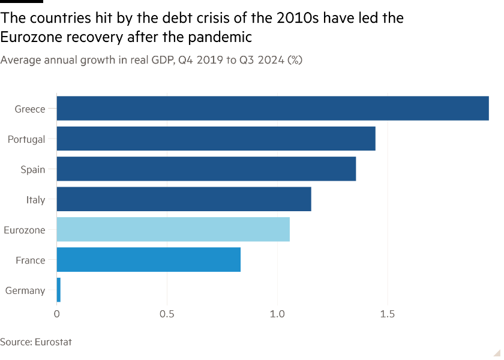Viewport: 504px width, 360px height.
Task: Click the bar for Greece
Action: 272,109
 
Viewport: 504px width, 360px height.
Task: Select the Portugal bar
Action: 216,139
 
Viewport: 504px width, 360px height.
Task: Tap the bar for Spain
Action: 206,169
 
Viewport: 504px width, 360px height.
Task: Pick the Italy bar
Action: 184,199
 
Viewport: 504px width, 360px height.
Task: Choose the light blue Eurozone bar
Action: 173,230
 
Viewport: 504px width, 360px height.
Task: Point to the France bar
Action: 149,260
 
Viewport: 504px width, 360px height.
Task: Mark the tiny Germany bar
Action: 59,290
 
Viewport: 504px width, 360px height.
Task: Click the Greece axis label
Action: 30,109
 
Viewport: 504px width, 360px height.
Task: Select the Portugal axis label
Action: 26,139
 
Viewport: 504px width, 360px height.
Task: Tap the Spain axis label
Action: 33,170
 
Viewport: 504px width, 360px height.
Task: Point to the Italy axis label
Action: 35,200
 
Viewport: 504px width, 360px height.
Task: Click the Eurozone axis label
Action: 25,230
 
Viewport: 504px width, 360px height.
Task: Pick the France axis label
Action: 31,260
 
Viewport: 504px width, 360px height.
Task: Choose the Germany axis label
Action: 25,290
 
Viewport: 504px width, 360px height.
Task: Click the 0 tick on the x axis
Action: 56,314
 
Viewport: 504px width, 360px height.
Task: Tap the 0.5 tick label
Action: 167,314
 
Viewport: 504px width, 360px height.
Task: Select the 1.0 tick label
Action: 277,314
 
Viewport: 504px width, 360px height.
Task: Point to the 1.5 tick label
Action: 388,314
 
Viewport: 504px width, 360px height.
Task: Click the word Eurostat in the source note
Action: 53,342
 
